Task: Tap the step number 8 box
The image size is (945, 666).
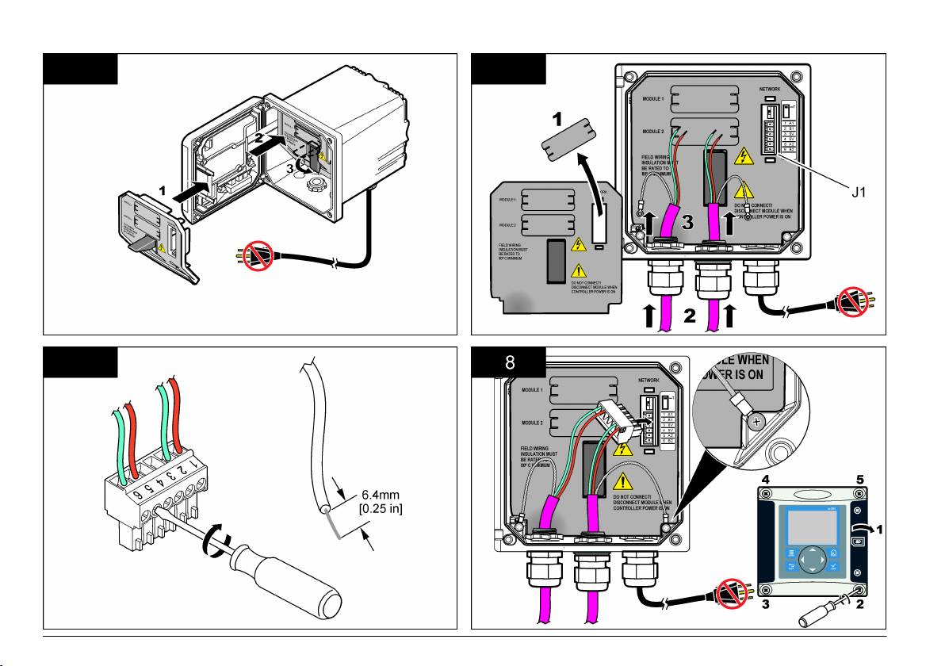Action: click(x=510, y=364)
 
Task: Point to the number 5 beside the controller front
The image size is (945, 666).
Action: click(x=860, y=480)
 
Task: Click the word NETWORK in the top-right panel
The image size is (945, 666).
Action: click(x=775, y=90)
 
